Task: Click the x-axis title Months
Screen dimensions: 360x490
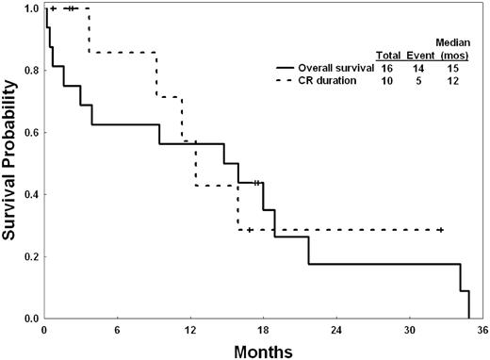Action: click(262, 350)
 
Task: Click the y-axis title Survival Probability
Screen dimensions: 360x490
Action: click(10, 161)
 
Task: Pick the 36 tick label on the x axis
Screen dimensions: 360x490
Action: click(482, 331)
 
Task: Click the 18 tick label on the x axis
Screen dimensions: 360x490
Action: click(263, 331)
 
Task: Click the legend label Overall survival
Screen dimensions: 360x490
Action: click(336, 69)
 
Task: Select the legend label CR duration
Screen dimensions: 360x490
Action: click(328, 81)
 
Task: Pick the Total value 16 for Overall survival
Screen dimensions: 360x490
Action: click(386, 69)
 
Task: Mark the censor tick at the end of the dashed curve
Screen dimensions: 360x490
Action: click(440, 230)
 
